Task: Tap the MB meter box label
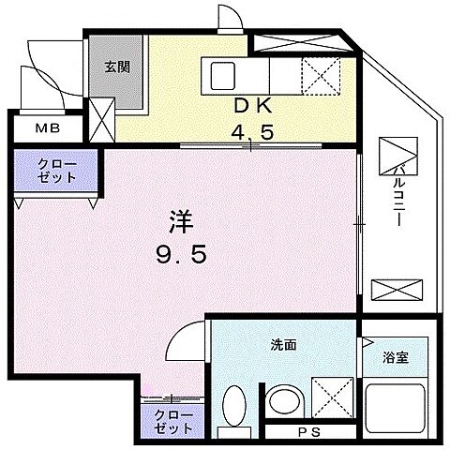pos(46,128)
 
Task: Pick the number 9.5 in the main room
pos(181,253)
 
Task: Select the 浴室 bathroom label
pos(394,356)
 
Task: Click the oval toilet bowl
pos(235,412)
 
